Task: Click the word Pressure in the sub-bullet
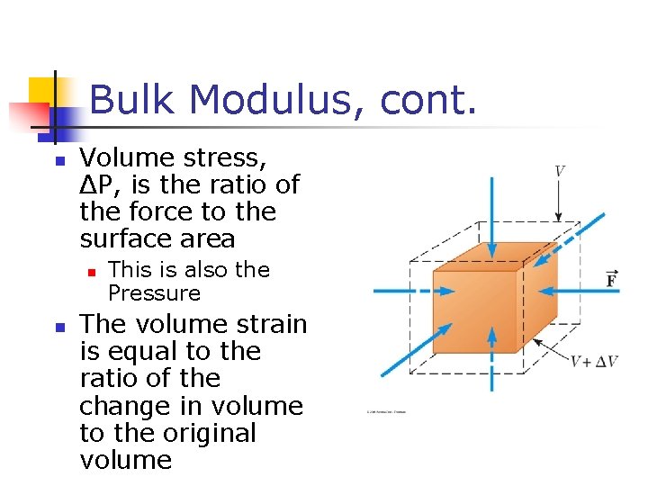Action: tap(154, 293)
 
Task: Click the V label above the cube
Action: tap(559, 171)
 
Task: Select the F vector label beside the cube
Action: tap(611, 278)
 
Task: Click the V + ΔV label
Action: tap(593, 361)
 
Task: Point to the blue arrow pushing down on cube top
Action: tap(491, 216)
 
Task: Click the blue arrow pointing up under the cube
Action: tap(491, 360)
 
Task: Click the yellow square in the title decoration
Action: tap(42, 91)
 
